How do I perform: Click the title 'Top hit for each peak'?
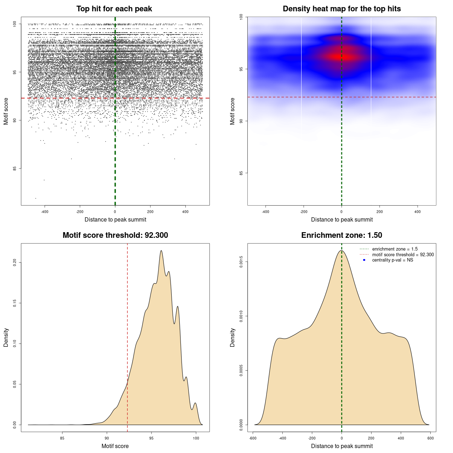pos(114,9)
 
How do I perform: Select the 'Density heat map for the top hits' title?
pos(342,9)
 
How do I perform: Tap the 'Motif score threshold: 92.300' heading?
pos(115,235)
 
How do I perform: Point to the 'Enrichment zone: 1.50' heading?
pos(342,235)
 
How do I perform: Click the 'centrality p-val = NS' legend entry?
pos(392,260)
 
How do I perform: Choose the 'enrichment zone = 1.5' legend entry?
pos(395,249)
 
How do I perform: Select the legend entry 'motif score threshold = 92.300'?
pos(403,254)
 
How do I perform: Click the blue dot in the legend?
pos(364,260)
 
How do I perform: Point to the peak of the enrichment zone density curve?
pos(341,251)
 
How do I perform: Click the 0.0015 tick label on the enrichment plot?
pos(241,262)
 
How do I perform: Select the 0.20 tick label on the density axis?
pos(15,262)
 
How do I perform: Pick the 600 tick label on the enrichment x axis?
pos(430,438)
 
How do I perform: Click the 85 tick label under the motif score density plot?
pos(62,438)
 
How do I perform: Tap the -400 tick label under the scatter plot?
pos(45,212)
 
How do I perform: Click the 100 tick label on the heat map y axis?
pos(241,17)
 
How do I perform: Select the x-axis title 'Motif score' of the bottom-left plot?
pos(115,446)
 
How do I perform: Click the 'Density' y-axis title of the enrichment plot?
pos(233,337)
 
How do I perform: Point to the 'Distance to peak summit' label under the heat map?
pos(342,219)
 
